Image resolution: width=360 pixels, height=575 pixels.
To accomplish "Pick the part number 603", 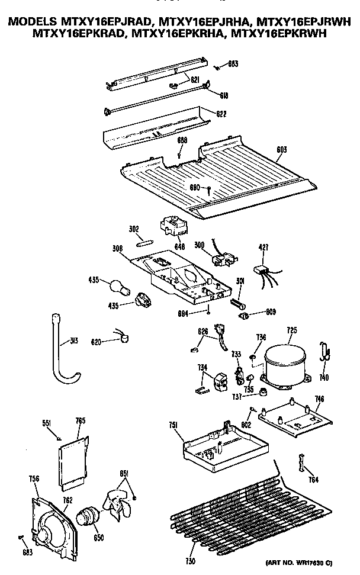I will coord(282,150).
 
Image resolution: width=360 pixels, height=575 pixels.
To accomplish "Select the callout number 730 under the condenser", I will coord(189,561).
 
